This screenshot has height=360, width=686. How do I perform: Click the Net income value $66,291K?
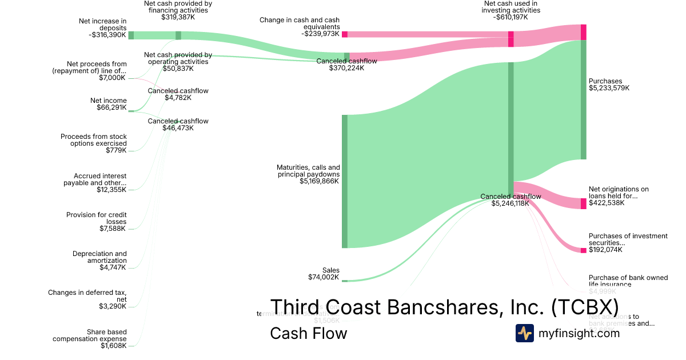[111, 107]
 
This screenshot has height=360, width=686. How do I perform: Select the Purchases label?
[605, 81]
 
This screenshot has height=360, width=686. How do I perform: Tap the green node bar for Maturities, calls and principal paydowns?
[345, 181]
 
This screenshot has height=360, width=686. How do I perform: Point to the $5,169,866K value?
[319, 182]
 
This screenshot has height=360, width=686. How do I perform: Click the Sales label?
[330, 270]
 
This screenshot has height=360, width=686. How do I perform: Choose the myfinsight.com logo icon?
[524, 333]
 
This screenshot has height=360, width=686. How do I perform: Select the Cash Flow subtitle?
[308, 333]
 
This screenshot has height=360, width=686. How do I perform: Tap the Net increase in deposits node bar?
[131, 35]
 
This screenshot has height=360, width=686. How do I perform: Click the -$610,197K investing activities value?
[510, 17]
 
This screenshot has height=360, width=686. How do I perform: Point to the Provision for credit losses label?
[96, 218]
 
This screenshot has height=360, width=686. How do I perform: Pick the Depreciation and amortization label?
[99, 257]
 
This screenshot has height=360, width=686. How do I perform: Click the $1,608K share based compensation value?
[114, 346]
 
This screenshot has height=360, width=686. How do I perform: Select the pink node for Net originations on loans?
[583, 203]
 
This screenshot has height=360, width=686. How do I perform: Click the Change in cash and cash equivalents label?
[300, 23]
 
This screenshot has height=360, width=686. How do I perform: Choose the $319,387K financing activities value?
[178, 17]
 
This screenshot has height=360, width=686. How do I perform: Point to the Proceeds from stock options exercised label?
[94, 140]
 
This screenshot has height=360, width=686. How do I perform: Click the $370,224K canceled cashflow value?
[346, 68]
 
